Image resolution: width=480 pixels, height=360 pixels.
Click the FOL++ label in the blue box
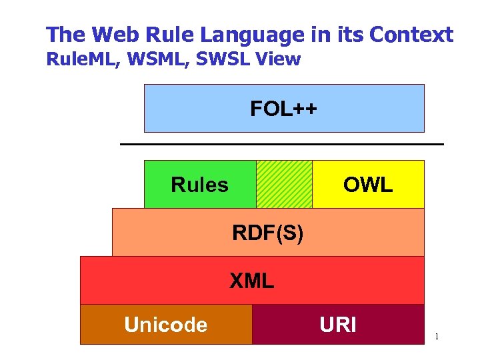tap(283, 108)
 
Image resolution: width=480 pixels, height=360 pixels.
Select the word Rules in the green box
tap(199, 185)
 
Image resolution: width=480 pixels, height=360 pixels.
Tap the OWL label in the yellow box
tap(368, 185)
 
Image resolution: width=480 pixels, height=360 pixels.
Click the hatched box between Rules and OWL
tap(284, 184)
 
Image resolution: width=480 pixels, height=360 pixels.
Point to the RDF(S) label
tap(267, 233)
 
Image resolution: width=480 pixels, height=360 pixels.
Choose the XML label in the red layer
tap(251, 281)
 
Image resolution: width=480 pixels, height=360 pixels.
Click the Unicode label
tap(165, 325)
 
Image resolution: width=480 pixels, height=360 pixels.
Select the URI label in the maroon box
tap(338, 325)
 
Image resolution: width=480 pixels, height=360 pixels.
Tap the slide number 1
tap(437, 337)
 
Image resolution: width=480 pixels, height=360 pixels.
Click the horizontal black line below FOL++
tap(281, 144)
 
